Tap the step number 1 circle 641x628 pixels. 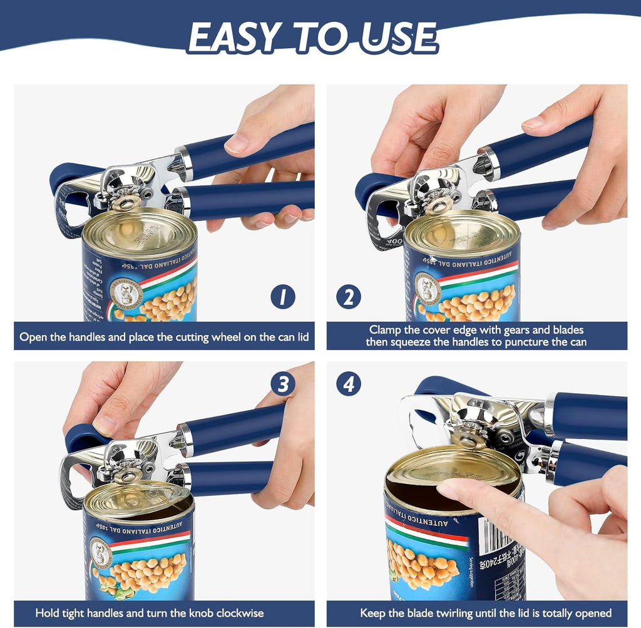283,296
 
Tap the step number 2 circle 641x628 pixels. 348,296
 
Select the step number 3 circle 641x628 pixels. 283,384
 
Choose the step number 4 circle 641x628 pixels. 348,383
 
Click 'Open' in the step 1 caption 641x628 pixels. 33,337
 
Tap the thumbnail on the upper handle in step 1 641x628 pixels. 237,144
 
